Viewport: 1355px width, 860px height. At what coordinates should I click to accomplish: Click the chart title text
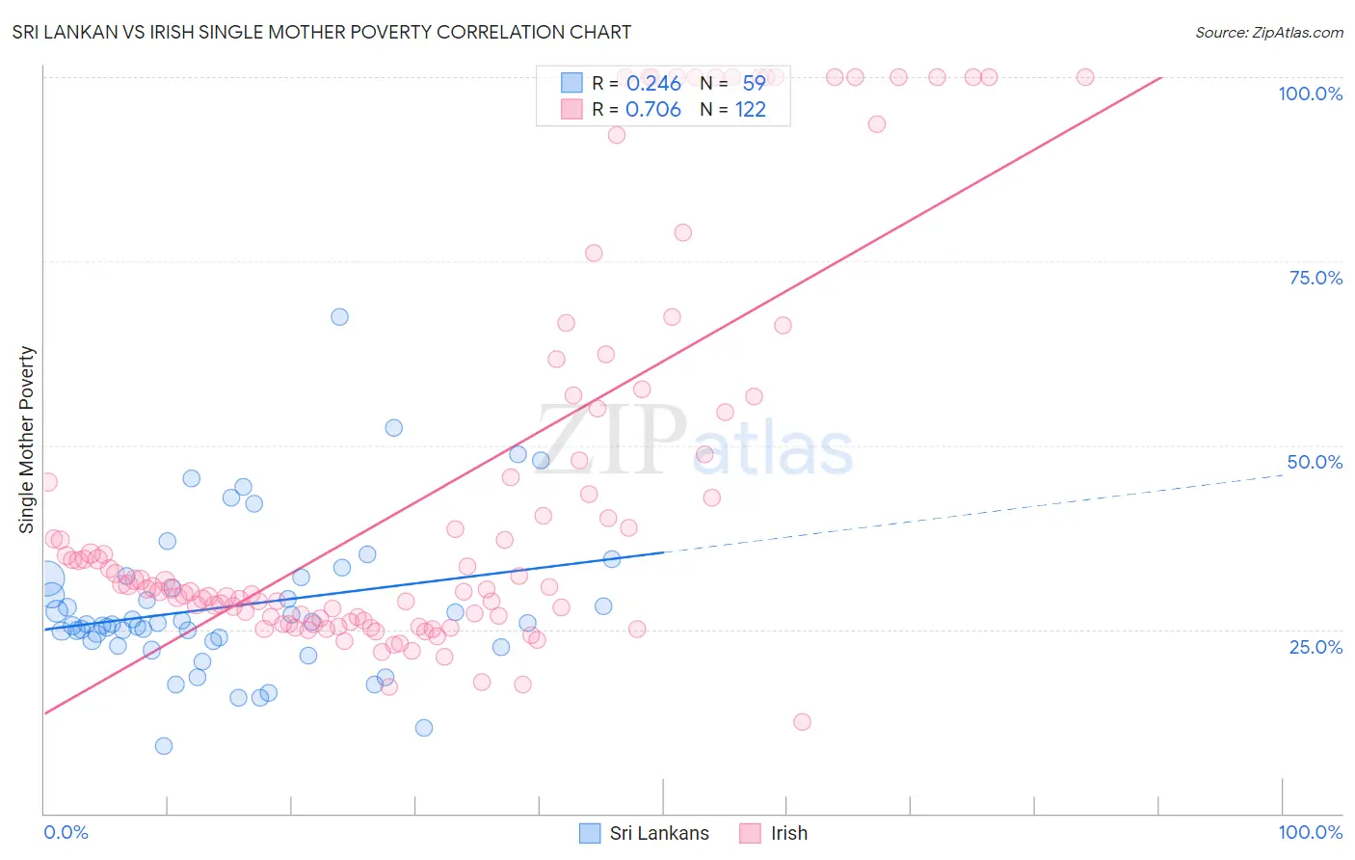pos(322,32)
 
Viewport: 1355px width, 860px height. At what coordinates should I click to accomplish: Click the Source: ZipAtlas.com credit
pos(1268,32)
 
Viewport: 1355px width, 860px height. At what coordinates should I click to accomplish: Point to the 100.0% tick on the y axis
pos(1310,94)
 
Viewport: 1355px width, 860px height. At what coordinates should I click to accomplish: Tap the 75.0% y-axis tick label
pos(1315,278)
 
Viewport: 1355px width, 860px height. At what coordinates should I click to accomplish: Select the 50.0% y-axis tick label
pos(1315,462)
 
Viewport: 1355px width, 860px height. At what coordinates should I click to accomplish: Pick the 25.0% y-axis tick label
pos(1315,647)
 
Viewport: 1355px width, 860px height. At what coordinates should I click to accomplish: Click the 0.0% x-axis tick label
pos(66,832)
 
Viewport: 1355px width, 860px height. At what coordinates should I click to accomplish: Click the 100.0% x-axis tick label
pos(1310,832)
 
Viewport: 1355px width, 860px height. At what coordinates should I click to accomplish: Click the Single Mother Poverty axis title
pos(27,440)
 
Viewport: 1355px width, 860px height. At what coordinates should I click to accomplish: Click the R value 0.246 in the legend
pos(653,84)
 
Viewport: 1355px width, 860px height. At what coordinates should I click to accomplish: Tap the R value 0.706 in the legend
pos(653,110)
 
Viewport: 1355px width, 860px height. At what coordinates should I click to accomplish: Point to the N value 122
pos(750,110)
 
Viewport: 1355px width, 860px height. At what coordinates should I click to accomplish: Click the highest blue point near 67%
pos(339,317)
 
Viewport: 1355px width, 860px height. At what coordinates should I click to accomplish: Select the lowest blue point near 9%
pos(164,746)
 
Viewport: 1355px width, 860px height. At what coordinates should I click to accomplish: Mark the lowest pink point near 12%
pos(802,722)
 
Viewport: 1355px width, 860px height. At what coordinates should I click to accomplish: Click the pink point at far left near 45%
pos(47,482)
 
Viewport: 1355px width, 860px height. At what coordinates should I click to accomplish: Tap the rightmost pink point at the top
pos(1085,77)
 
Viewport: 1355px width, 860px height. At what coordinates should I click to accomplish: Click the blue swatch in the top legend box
pos(571,83)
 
